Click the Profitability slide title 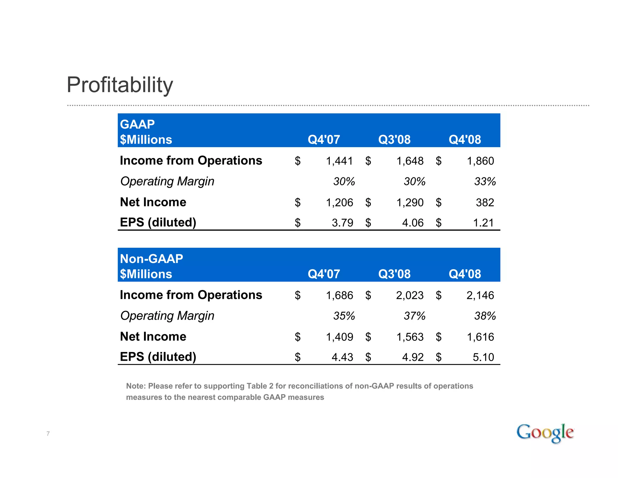120,85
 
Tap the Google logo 545,433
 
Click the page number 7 48,434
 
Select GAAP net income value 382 485,202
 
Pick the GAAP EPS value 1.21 483,223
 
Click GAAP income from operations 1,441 339,161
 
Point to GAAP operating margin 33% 485,182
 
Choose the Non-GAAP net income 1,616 480,337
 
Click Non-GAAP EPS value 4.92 413,357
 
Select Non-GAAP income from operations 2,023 410,296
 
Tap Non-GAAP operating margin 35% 344,316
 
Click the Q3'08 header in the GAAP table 394,140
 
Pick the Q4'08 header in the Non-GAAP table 465,274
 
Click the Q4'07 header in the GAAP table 324,140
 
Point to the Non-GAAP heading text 151,259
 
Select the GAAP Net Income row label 153,202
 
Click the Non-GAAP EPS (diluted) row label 158,357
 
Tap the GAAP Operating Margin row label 167,181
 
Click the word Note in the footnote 136,386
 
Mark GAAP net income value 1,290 410,202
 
